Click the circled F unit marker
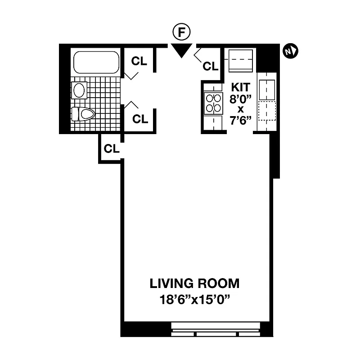(x=182, y=33)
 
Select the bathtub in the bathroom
(x=96, y=63)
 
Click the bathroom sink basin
(x=79, y=90)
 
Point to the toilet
(x=83, y=114)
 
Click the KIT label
(x=241, y=87)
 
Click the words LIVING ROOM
(x=194, y=283)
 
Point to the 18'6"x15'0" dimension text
(x=194, y=299)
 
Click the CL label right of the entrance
(x=210, y=66)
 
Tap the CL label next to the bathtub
(x=139, y=61)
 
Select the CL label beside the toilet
(x=140, y=119)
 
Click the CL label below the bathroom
(x=111, y=148)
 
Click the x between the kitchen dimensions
(x=241, y=109)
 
